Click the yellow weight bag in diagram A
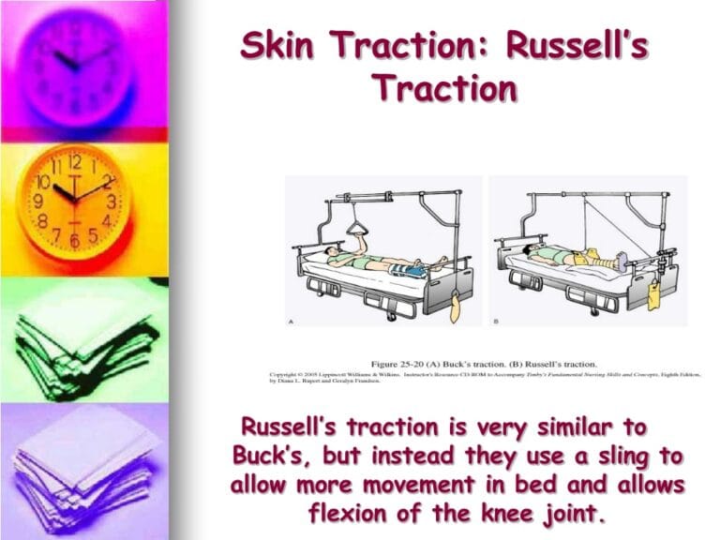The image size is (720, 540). tap(455, 304)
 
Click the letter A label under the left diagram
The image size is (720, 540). tap(290, 322)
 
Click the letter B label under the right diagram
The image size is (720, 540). tap(493, 321)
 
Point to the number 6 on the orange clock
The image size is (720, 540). tap(74, 241)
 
